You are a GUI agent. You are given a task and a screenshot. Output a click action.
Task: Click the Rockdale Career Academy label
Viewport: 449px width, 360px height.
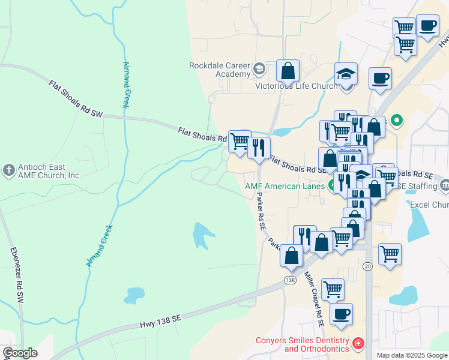pyautogui.click(x=219, y=70)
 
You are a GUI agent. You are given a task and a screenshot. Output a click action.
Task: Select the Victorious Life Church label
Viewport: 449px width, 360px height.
pyautogui.click(x=288, y=86)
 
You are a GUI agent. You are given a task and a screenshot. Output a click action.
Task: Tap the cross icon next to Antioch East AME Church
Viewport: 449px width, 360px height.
pyautogui.click(x=9, y=170)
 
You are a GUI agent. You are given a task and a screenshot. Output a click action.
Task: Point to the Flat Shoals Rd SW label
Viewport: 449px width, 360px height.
pyautogui.click(x=76, y=98)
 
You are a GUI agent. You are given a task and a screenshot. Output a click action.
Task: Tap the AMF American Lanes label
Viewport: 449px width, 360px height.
pyautogui.click(x=285, y=186)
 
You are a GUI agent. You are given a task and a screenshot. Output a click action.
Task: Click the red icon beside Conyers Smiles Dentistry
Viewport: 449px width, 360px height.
pyautogui.click(x=358, y=343)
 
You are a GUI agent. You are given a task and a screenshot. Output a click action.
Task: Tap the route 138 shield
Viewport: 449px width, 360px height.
pyautogui.click(x=291, y=280)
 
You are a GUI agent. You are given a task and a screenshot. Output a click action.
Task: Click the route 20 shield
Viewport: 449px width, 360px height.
pyautogui.click(x=367, y=266)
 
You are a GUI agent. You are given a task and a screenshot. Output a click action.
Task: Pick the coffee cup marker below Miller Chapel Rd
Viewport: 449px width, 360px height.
pyautogui.click(x=341, y=314)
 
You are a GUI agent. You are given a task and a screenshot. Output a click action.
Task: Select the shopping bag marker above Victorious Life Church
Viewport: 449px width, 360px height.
pyautogui.click(x=288, y=71)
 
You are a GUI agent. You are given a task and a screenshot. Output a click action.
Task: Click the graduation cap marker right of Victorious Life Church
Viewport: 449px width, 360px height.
pyautogui.click(x=346, y=75)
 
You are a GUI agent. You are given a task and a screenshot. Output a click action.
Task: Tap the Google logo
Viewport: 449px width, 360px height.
pyautogui.click(x=20, y=353)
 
